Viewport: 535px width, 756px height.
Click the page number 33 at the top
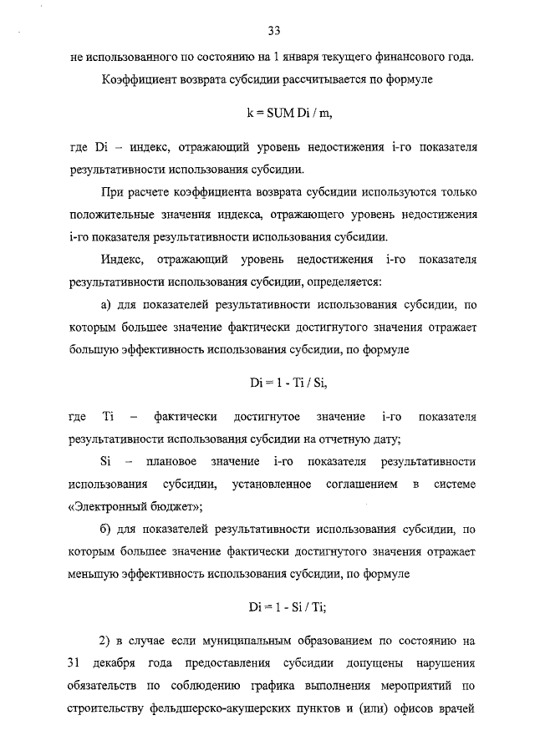click(x=273, y=31)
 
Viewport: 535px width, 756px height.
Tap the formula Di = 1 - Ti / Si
click(x=273, y=383)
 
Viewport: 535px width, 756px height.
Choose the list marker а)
click(x=106, y=306)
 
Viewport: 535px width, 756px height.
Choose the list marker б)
click(x=106, y=530)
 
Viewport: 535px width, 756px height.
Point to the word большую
click(x=93, y=349)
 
